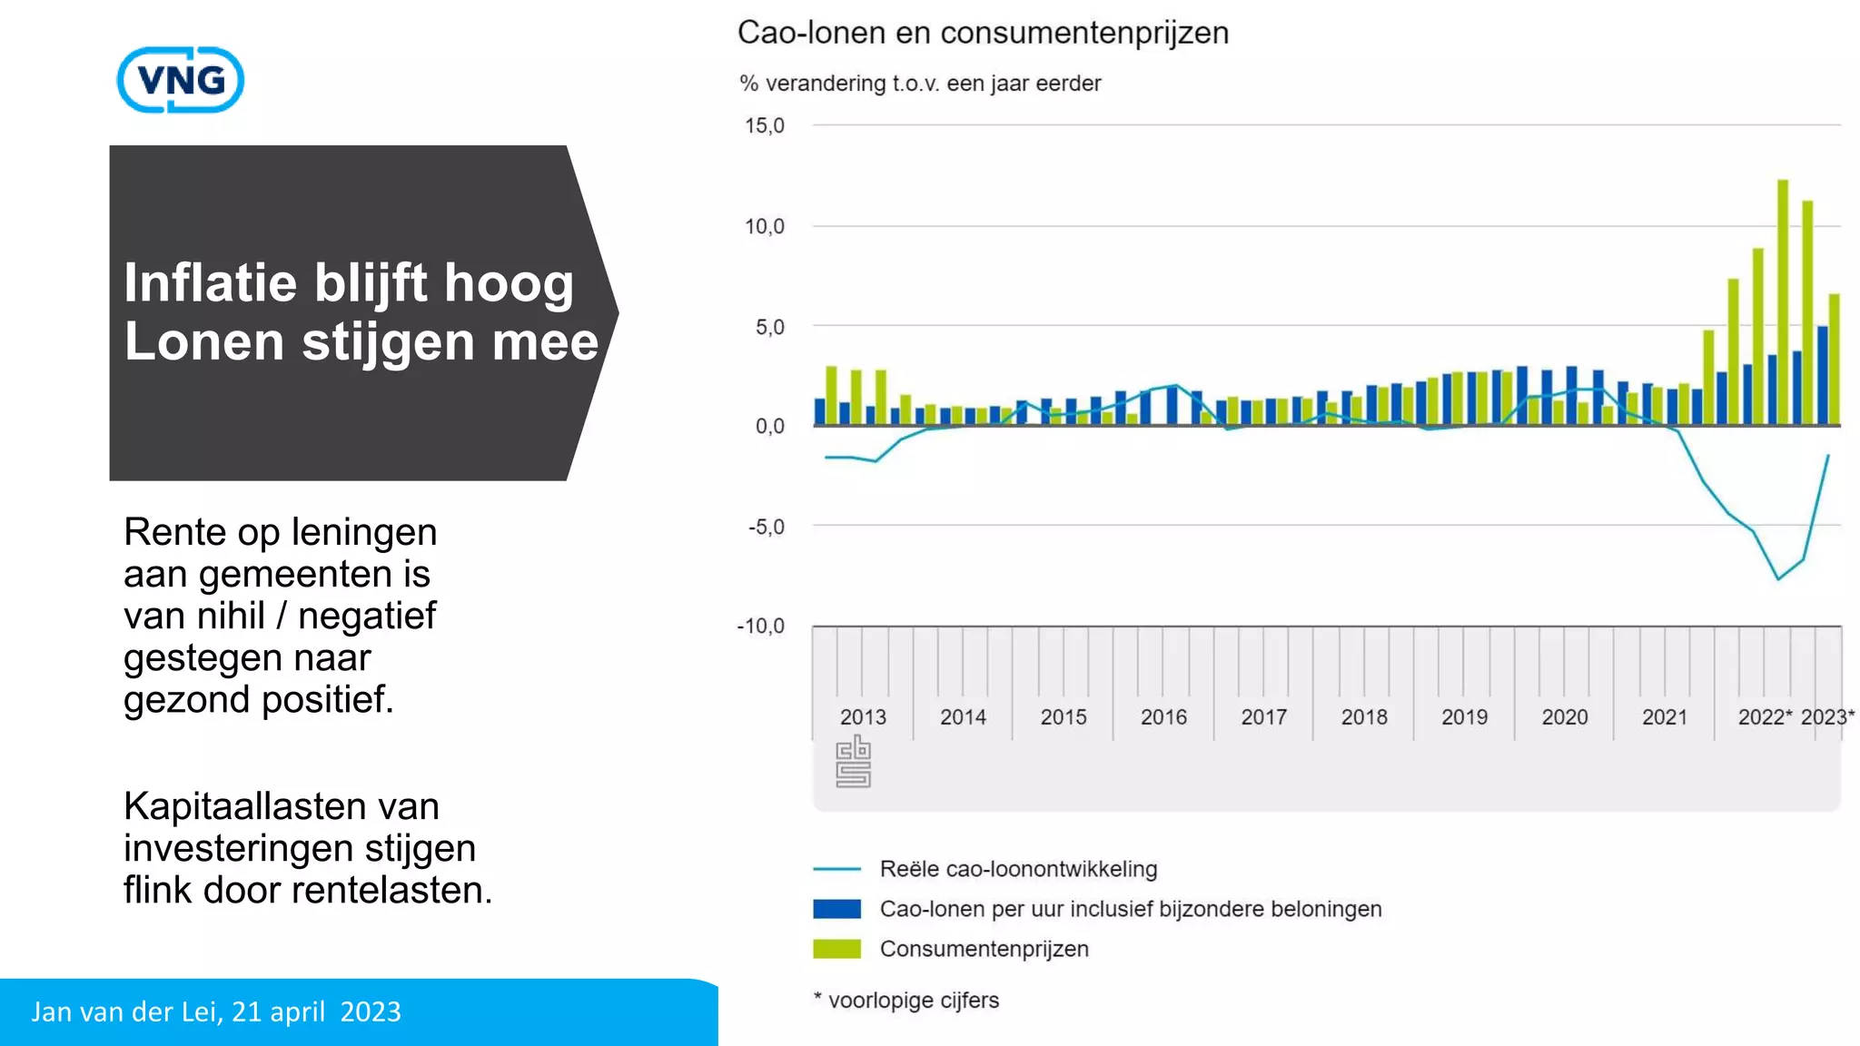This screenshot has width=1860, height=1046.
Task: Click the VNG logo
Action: [x=181, y=80]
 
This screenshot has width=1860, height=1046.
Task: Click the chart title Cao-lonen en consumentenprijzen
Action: [x=983, y=33]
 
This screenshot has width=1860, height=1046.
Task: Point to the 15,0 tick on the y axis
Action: [x=764, y=125]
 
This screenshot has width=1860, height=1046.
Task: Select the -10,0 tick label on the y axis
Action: [x=761, y=626]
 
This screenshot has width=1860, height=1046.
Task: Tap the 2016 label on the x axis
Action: [x=1163, y=716]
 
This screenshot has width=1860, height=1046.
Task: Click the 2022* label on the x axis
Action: [x=1765, y=716]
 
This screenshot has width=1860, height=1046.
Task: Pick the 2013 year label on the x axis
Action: [x=863, y=716]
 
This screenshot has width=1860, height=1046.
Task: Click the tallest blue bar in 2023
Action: [x=1822, y=374]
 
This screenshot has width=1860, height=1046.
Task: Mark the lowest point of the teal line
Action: [x=1778, y=578]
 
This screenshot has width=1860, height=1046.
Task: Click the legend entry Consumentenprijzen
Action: [x=984, y=949]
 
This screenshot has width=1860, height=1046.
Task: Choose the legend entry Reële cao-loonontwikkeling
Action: [x=1018, y=869]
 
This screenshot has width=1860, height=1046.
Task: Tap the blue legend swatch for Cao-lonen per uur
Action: [x=836, y=909]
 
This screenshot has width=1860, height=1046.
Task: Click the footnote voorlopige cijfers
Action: [x=913, y=1000]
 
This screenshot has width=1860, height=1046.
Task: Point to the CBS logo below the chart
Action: [x=853, y=762]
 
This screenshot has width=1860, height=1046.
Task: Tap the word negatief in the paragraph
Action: [x=367, y=616]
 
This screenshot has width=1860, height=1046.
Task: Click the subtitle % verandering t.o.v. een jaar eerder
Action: [x=919, y=84]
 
